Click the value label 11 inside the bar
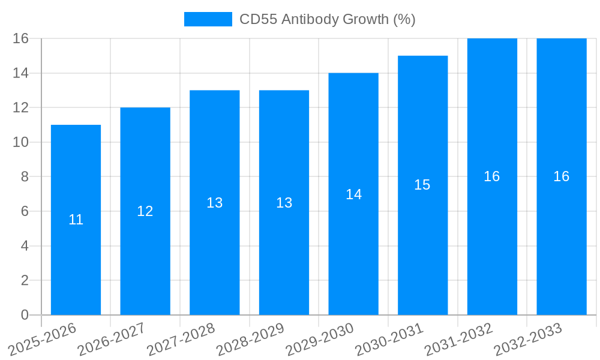click(76, 220)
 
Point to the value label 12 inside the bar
click(145, 211)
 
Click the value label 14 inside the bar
click(353, 194)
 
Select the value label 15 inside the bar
click(422, 185)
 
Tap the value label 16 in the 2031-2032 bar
click(492, 176)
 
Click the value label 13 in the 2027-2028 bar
click(215, 203)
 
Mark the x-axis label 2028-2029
click(250, 339)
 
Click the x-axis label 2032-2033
click(528, 339)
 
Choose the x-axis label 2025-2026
click(43, 339)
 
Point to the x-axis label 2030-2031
click(389, 339)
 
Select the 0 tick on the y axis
click(25, 315)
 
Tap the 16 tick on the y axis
click(21, 38)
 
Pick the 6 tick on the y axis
click(25, 211)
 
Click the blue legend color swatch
click(208, 19)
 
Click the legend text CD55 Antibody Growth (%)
click(327, 19)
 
